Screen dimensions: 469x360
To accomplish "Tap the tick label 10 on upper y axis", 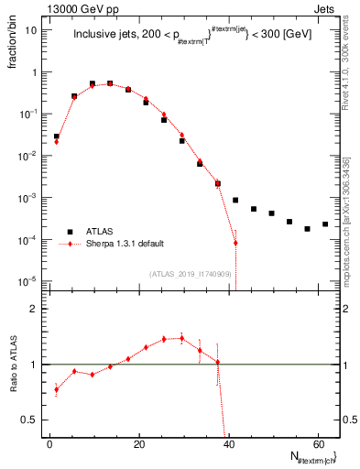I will [31, 29].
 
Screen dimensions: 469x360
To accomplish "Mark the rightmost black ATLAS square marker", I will [325, 224].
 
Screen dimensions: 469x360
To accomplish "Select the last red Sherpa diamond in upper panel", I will [235, 243].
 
